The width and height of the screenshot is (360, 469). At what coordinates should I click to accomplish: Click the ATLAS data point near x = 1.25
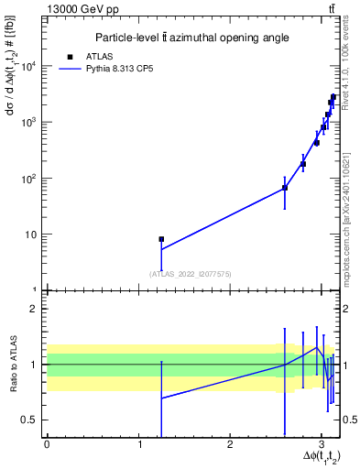161,239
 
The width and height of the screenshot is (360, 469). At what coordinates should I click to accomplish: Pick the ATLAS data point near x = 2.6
285,188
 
